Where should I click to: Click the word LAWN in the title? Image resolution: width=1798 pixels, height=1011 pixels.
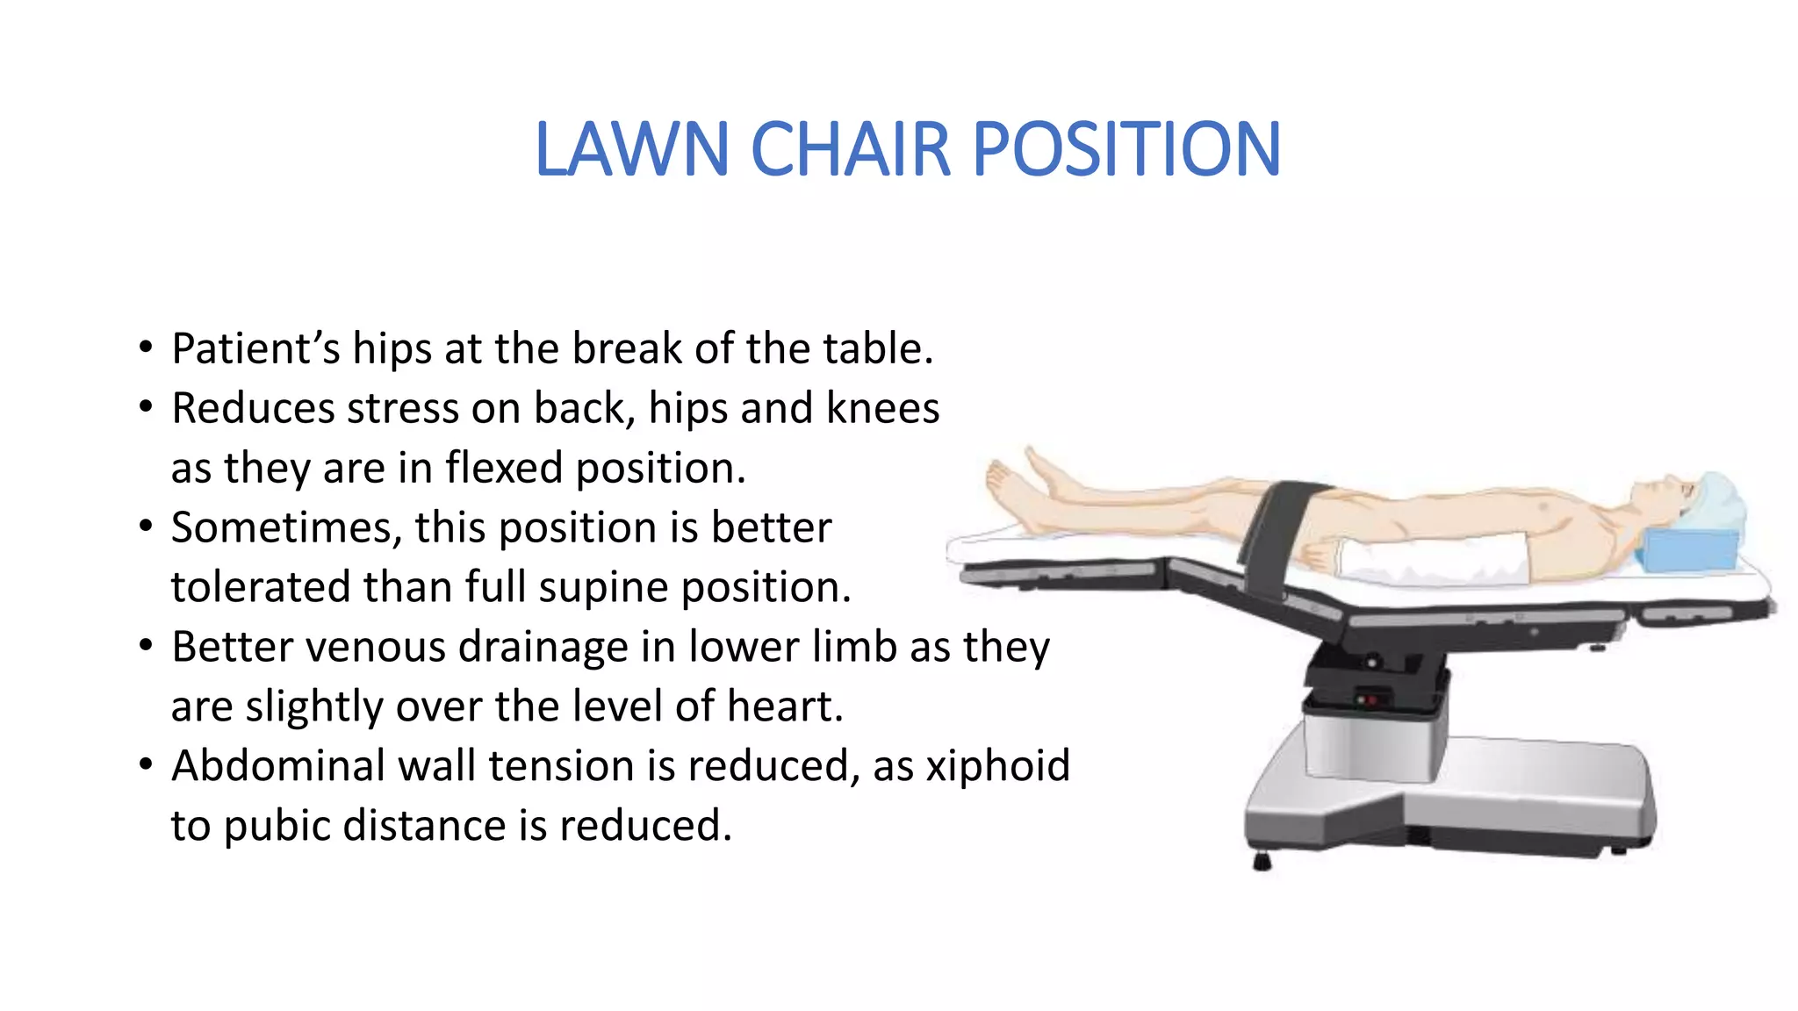click(x=631, y=149)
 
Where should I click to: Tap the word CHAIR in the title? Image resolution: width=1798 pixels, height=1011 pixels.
click(x=851, y=149)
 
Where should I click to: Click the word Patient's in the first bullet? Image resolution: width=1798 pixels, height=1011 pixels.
click(x=255, y=348)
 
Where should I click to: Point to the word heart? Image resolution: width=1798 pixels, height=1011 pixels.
click(x=785, y=706)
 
